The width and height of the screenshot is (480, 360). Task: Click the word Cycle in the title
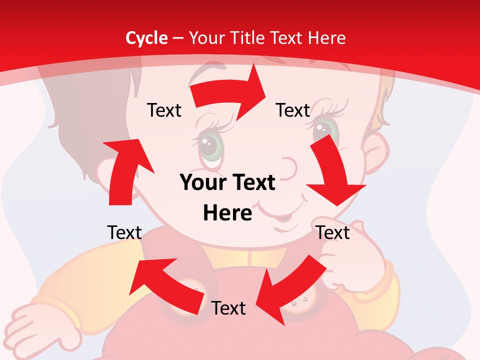coord(146,38)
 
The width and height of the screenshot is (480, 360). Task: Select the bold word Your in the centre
coord(202,183)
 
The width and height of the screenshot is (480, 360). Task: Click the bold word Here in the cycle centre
coord(227,213)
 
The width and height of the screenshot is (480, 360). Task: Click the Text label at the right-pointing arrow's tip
coord(293,110)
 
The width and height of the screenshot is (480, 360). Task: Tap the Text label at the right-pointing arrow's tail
coord(164,110)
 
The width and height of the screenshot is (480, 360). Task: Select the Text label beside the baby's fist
coord(333,232)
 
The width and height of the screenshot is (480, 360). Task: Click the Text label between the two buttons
coord(228,308)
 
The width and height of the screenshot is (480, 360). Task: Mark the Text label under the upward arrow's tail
coord(124,232)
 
